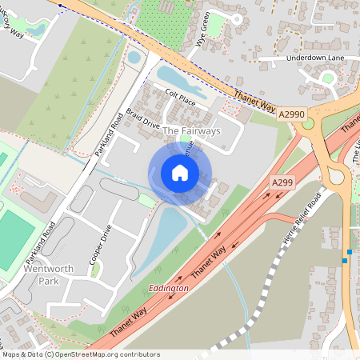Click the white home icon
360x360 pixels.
tap(180, 173)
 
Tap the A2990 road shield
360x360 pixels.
tap(292, 116)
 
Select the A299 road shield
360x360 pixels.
tap(282, 183)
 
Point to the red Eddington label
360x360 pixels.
tap(169, 287)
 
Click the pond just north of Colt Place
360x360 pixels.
tap(177, 81)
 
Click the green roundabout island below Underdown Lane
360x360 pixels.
tap(328, 78)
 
